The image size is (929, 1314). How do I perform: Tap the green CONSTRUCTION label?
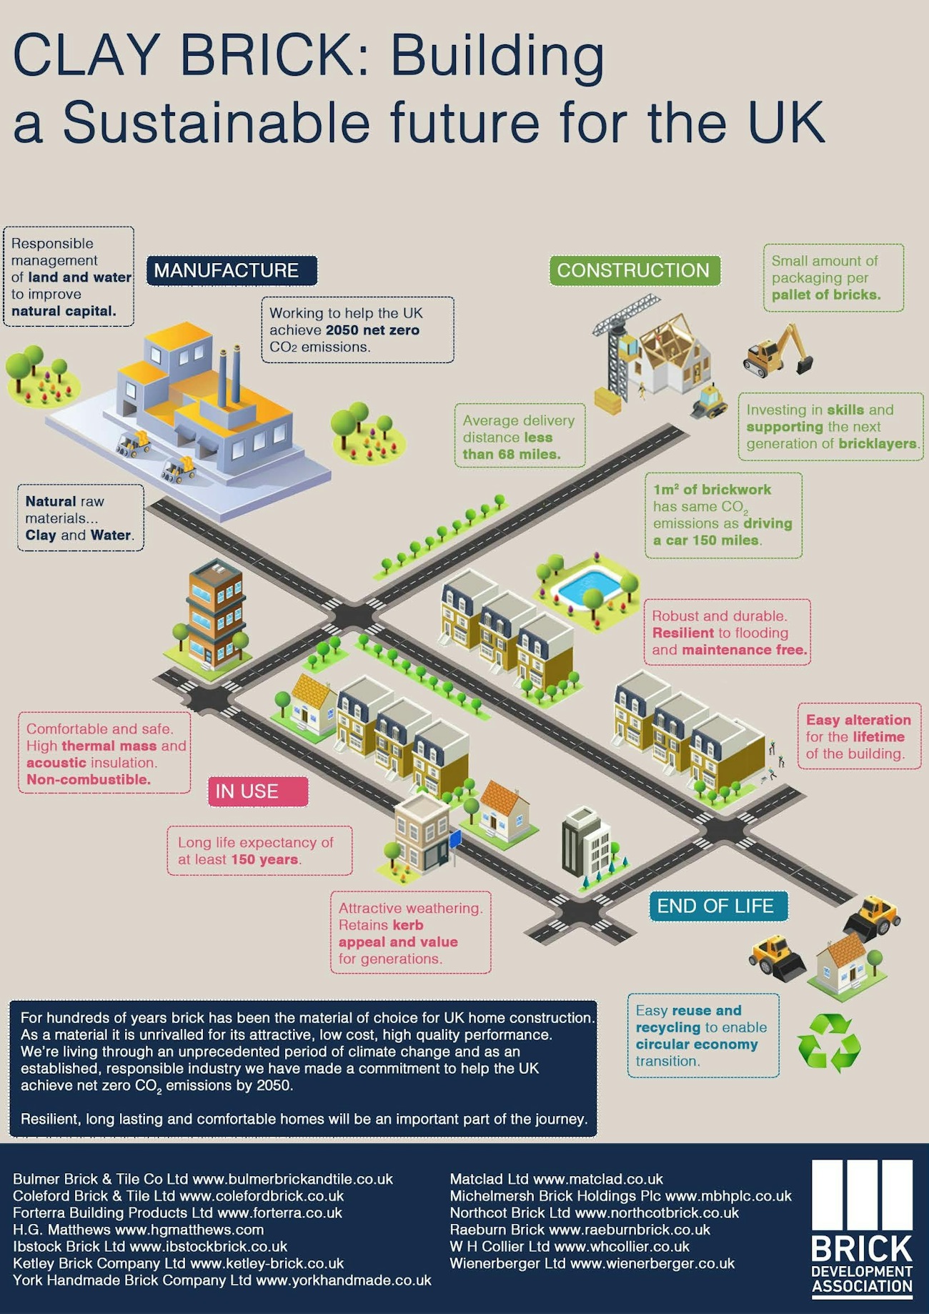pyautogui.click(x=634, y=270)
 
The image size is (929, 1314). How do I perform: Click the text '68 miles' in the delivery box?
pyautogui.click(x=530, y=455)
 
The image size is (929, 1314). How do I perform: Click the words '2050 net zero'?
pyautogui.click(x=372, y=330)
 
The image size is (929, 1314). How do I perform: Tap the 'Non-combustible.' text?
pyautogui.click(x=89, y=780)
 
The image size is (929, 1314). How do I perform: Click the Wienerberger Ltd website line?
pyautogui.click(x=592, y=1264)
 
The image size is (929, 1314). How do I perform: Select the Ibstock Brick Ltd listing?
pyautogui.click(x=150, y=1247)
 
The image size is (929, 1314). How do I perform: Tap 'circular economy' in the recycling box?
pyautogui.click(x=697, y=1044)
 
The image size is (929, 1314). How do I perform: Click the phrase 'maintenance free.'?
pyautogui.click(x=744, y=650)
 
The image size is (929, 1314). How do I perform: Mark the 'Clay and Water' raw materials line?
pyautogui.click(x=79, y=535)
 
